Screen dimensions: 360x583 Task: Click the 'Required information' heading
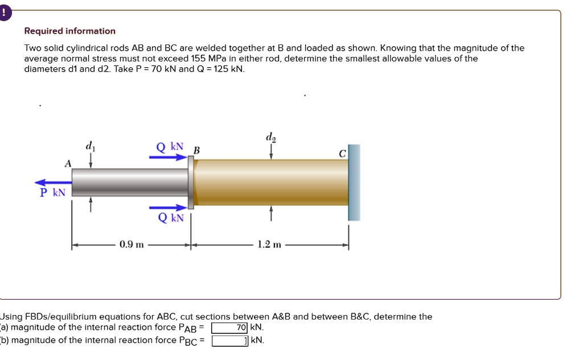coord(69,31)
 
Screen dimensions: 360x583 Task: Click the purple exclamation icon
coord(5,13)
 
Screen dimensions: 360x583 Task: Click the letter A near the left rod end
coord(68,163)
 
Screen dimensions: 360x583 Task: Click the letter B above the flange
coord(197,151)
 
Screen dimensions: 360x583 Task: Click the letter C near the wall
coord(342,153)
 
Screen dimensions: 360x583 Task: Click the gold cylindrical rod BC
coord(271,182)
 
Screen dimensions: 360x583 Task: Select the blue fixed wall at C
coord(354,182)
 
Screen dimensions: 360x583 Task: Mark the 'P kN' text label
coord(53,193)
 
